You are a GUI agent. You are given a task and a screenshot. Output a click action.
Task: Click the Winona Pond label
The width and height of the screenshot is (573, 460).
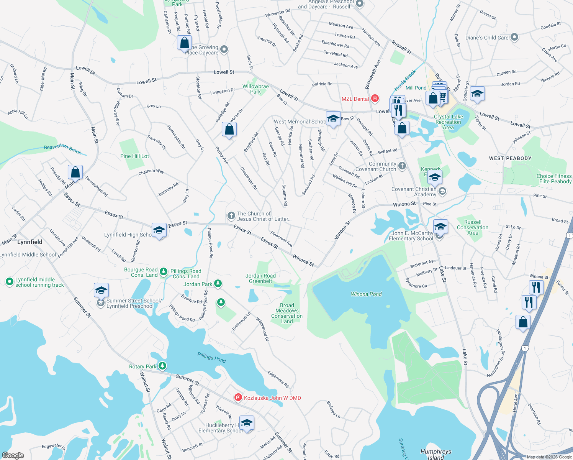(x=366, y=294)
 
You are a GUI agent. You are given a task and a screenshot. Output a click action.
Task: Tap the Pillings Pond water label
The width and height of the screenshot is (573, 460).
(x=211, y=357)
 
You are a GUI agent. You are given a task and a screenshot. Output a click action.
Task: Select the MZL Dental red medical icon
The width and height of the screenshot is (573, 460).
(x=375, y=99)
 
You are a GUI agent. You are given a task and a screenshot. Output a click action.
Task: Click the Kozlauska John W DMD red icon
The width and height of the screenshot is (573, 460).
(x=238, y=398)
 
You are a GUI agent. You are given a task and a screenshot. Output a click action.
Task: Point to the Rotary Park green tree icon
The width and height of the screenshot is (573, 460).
(x=162, y=366)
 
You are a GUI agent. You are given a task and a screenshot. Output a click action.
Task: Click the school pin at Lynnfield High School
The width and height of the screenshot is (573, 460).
(x=159, y=230)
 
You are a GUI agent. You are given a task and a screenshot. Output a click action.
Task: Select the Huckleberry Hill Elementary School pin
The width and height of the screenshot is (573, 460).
(x=247, y=423)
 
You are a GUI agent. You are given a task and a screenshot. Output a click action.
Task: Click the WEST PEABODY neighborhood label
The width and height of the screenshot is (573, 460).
(x=510, y=158)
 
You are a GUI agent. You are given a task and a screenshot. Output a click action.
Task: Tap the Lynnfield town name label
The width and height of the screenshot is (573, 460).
(x=30, y=242)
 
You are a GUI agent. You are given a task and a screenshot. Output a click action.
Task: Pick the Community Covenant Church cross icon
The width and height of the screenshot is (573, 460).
(x=402, y=166)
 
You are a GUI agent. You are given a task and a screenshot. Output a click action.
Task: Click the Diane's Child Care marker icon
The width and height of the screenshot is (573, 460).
(x=514, y=37)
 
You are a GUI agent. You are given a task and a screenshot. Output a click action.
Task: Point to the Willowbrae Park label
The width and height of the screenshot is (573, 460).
(x=255, y=89)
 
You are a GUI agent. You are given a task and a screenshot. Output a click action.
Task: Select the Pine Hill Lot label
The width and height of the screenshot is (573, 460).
(x=134, y=156)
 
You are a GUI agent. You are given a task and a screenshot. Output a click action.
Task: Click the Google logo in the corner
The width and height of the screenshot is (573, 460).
(x=13, y=455)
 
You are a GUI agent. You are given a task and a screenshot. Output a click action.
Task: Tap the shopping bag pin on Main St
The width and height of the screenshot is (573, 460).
(x=75, y=172)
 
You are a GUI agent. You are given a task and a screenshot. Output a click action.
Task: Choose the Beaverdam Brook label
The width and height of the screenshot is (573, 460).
(x=62, y=149)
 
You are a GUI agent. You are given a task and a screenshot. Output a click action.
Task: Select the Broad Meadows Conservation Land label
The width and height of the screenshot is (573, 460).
(x=287, y=313)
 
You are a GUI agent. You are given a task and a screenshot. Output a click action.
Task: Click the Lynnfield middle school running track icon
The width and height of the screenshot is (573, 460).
(x=10, y=282)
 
